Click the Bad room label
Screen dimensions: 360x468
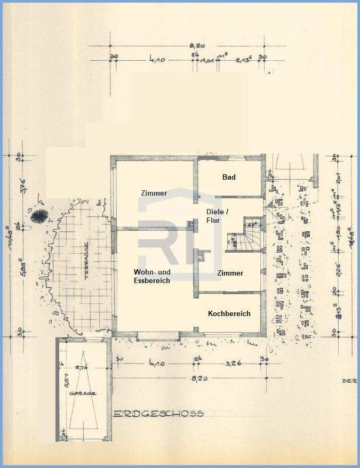point(229,177)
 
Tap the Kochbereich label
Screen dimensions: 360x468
point(229,314)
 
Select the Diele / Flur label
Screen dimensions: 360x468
point(217,215)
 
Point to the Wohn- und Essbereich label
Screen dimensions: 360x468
point(151,276)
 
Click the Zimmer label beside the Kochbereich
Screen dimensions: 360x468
point(230,273)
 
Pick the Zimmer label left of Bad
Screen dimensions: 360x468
point(154,193)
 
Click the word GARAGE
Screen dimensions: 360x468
point(83,393)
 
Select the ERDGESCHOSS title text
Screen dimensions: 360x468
point(159,413)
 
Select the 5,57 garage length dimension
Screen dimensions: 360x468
point(66,382)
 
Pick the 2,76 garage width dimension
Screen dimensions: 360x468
point(82,367)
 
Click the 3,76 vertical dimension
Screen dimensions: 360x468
point(22,188)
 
